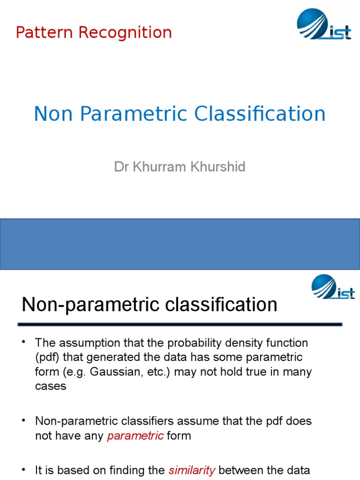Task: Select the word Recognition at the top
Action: pyautogui.click(x=125, y=33)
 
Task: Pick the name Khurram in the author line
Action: pyautogui.click(x=158, y=167)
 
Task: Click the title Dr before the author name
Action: pyautogui.click(x=120, y=167)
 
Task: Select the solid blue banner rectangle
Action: pyautogui.click(x=180, y=244)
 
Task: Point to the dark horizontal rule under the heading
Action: pyautogui.click(x=180, y=324)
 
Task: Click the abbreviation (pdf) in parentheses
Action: pyautogui.click(x=46, y=358)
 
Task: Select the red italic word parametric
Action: pyautogui.click(x=135, y=436)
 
